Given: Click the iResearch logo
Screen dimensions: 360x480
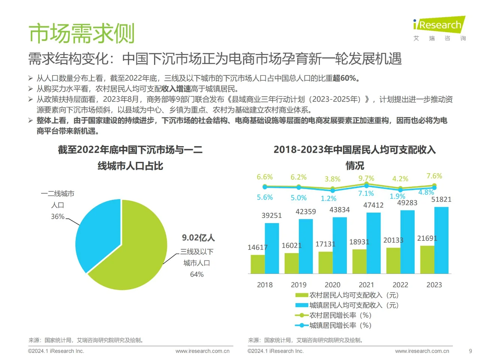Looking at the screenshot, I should click(x=439, y=25).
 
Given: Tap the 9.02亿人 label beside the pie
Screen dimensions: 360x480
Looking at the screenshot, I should click(x=198, y=238).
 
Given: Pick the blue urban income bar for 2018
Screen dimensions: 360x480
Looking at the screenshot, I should click(x=272, y=248).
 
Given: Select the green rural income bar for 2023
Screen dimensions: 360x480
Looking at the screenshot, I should click(x=427, y=259).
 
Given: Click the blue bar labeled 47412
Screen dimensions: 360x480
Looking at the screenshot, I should click(x=373, y=243).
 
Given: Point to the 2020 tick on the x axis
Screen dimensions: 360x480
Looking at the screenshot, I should click(x=332, y=285).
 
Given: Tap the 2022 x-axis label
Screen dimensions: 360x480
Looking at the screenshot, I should click(x=400, y=285).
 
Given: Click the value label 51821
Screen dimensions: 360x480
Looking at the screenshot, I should click(x=441, y=199).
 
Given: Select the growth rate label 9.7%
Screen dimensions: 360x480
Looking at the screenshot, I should click(x=366, y=178).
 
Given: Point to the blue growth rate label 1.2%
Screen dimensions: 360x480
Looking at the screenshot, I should click(x=328, y=199).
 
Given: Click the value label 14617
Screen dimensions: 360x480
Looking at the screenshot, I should click(x=258, y=247).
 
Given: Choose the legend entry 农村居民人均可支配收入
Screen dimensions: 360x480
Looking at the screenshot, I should click(x=346, y=295).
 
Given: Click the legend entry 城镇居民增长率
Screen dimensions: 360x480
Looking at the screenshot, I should click(x=333, y=325).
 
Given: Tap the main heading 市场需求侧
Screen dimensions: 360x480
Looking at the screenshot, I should click(x=81, y=33).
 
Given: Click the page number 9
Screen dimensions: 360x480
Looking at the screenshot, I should click(x=470, y=351).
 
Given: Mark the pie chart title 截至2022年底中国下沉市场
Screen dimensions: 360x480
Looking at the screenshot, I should click(x=130, y=150).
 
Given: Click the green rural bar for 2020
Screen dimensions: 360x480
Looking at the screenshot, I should click(x=325, y=262).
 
